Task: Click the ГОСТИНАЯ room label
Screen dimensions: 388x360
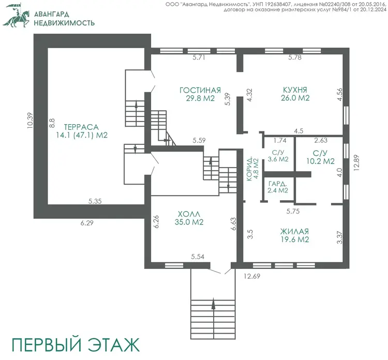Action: click(x=200, y=90)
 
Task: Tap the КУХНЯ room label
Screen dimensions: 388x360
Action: click(x=295, y=89)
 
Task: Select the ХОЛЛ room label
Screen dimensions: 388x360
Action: click(x=189, y=214)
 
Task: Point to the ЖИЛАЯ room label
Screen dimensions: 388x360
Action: click(x=294, y=232)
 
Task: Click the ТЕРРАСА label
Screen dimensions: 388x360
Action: click(x=81, y=127)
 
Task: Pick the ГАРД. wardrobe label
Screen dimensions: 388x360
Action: click(x=278, y=184)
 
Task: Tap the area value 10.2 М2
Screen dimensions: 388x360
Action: click(x=320, y=161)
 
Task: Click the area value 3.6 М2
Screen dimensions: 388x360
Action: click(x=278, y=159)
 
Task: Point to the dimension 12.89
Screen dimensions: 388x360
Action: click(x=356, y=163)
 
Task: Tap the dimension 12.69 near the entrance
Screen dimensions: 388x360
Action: click(x=252, y=276)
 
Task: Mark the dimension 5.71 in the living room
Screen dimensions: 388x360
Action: click(x=199, y=57)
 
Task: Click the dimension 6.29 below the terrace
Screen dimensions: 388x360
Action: click(x=87, y=223)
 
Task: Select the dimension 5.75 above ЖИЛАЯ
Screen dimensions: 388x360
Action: click(x=293, y=212)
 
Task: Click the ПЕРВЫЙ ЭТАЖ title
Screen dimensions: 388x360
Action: click(x=76, y=344)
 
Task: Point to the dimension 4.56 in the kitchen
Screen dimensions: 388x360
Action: click(x=340, y=94)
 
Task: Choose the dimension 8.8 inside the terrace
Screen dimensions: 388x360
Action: click(x=52, y=123)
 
